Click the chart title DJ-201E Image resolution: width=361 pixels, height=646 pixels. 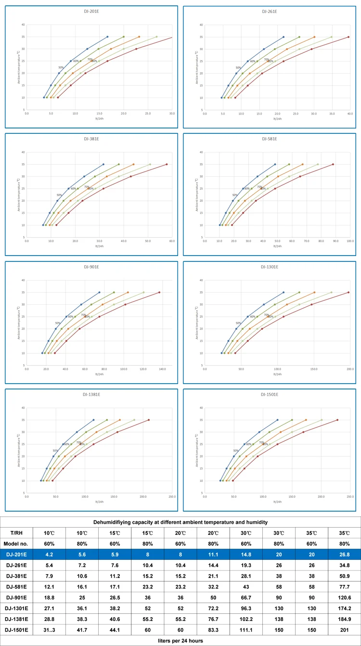coord(91,11)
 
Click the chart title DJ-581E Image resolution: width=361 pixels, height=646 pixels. coord(269,139)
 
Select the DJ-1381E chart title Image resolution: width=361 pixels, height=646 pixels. coord(91,394)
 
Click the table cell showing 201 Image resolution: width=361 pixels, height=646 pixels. coord(345,630)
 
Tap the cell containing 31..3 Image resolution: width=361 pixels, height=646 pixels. coord(50,630)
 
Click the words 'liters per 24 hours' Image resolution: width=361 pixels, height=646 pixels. coord(180,641)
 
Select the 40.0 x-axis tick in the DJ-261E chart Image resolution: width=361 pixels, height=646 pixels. coord(350,115)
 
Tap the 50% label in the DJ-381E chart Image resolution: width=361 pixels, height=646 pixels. coord(59,195)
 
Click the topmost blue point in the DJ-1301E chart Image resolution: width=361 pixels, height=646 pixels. coord(283,292)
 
